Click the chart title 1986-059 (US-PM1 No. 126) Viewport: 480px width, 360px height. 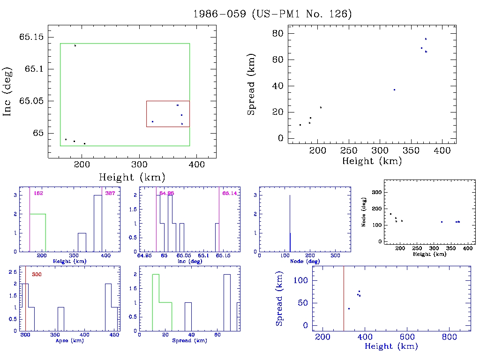[272, 14]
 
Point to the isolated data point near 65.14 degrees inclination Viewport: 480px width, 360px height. [75, 45]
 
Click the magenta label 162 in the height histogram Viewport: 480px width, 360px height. [38, 193]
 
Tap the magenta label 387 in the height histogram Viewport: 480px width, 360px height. [110, 193]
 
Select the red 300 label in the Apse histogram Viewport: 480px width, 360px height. [37, 274]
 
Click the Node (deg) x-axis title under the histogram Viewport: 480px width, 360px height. [305, 261]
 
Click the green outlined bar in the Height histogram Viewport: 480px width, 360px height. [38, 232]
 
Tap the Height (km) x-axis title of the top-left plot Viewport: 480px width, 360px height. [132, 177]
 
